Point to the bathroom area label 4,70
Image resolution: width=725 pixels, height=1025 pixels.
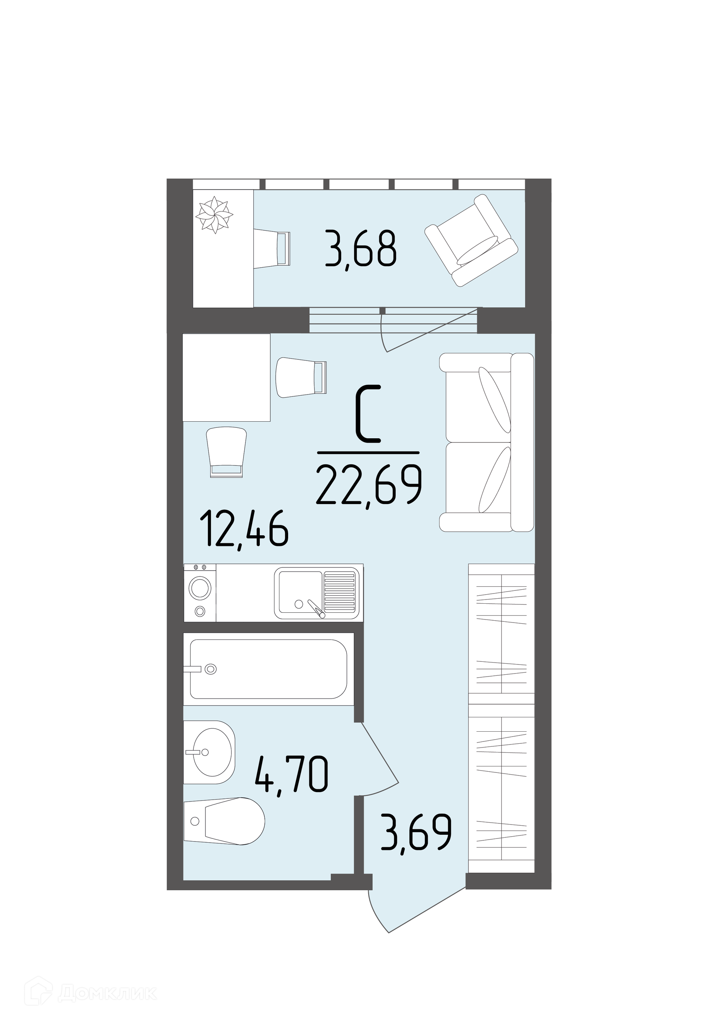point(292,773)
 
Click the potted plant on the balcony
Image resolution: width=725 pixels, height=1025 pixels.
point(215,214)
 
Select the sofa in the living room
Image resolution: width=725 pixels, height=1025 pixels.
point(487,442)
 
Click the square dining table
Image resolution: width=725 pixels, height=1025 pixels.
point(227,378)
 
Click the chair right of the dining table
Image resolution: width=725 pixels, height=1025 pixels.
point(302,377)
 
